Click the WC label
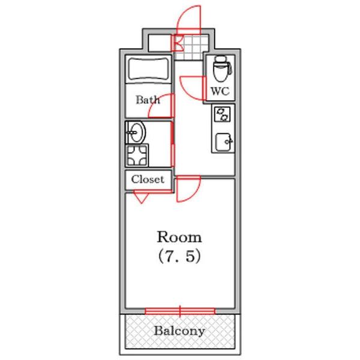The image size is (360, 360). pyautogui.click(x=220, y=91)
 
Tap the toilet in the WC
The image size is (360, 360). pyautogui.click(x=222, y=68)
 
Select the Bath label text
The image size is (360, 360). pyautogui.click(x=148, y=100)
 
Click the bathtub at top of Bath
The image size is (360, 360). pyautogui.click(x=149, y=70)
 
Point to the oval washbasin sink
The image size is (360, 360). pyautogui.click(x=136, y=132)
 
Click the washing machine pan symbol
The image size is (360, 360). pyautogui.click(x=137, y=155)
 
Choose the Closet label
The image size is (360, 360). pyautogui.click(x=148, y=179)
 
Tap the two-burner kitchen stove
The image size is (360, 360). pyautogui.click(x=223, y=114)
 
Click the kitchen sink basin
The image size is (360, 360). pyautogui.click(x=223, y=142)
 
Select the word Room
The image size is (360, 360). pyautogui.click(x=179, y=237)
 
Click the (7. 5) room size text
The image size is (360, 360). pyautogui.click(x=179, y=256)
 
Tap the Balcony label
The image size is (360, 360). pyautogui.click(x=179, y=331)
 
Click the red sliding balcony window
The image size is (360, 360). pyautogui.click(x=180, y=311)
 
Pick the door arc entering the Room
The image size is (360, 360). pyautogui.click(x=194, y=195)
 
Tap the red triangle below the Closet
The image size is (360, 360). pyautogui.click(x=141, y=197)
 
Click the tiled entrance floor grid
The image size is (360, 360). pyautogui.click(x=191, y=47)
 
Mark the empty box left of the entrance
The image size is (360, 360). pyautogui.click(x=160, y=43)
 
